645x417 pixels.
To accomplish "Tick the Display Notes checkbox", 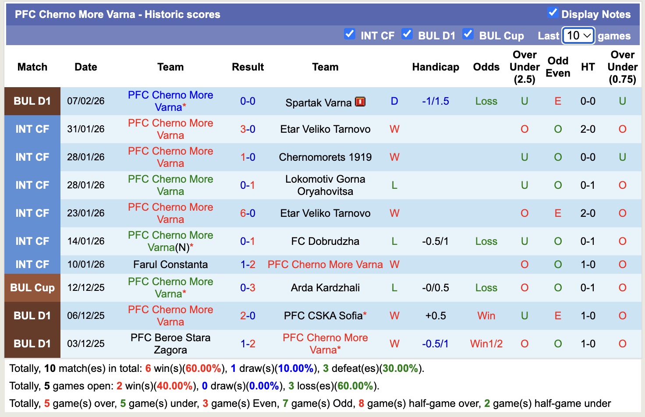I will [553, 13].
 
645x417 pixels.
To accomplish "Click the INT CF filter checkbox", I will [350, 34].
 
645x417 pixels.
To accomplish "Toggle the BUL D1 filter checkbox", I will [407, 34].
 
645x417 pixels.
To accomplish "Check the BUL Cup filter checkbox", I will [468, 34].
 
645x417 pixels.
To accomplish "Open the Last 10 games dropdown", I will [578, 35].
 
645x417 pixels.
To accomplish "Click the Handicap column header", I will [435, 67].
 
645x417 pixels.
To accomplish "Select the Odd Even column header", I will [557, 67].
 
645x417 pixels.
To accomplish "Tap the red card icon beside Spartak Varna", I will [360, 102].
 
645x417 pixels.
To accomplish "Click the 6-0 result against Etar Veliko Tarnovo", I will [248, 213].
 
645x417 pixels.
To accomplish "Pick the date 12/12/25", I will [86, 288].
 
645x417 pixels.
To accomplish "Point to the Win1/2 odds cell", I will [486, 344].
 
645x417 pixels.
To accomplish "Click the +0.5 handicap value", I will [435, 316].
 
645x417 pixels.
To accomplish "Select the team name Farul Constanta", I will [170, 265].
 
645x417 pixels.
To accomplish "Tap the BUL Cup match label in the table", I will [32, 288].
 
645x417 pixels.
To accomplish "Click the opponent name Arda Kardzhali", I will [325, 288].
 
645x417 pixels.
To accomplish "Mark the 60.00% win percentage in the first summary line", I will [203, 368].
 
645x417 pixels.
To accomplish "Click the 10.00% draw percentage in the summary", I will [296, 368].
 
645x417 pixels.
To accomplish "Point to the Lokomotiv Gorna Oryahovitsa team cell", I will [325, 185].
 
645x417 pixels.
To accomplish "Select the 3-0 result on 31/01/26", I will [248, 129].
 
